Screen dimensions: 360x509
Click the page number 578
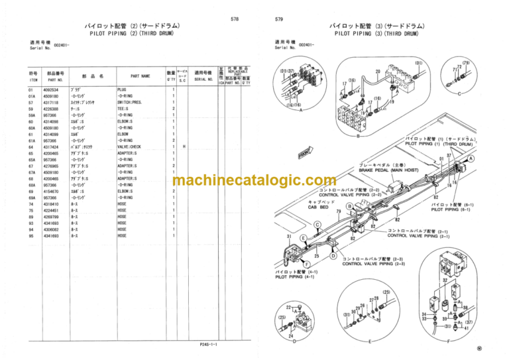[x=235, y=19]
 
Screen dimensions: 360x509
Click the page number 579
[x=279, y=19]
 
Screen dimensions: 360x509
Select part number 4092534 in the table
[x=51, y=90]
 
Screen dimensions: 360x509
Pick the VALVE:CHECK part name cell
[x=129, y=147]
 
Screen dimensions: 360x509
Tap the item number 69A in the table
[x=31, y=198]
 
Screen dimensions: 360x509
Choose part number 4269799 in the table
[x=51, y=216]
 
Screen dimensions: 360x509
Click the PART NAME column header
[x=140, y=76]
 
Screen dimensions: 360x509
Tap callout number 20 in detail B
[x=377, y=72]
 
